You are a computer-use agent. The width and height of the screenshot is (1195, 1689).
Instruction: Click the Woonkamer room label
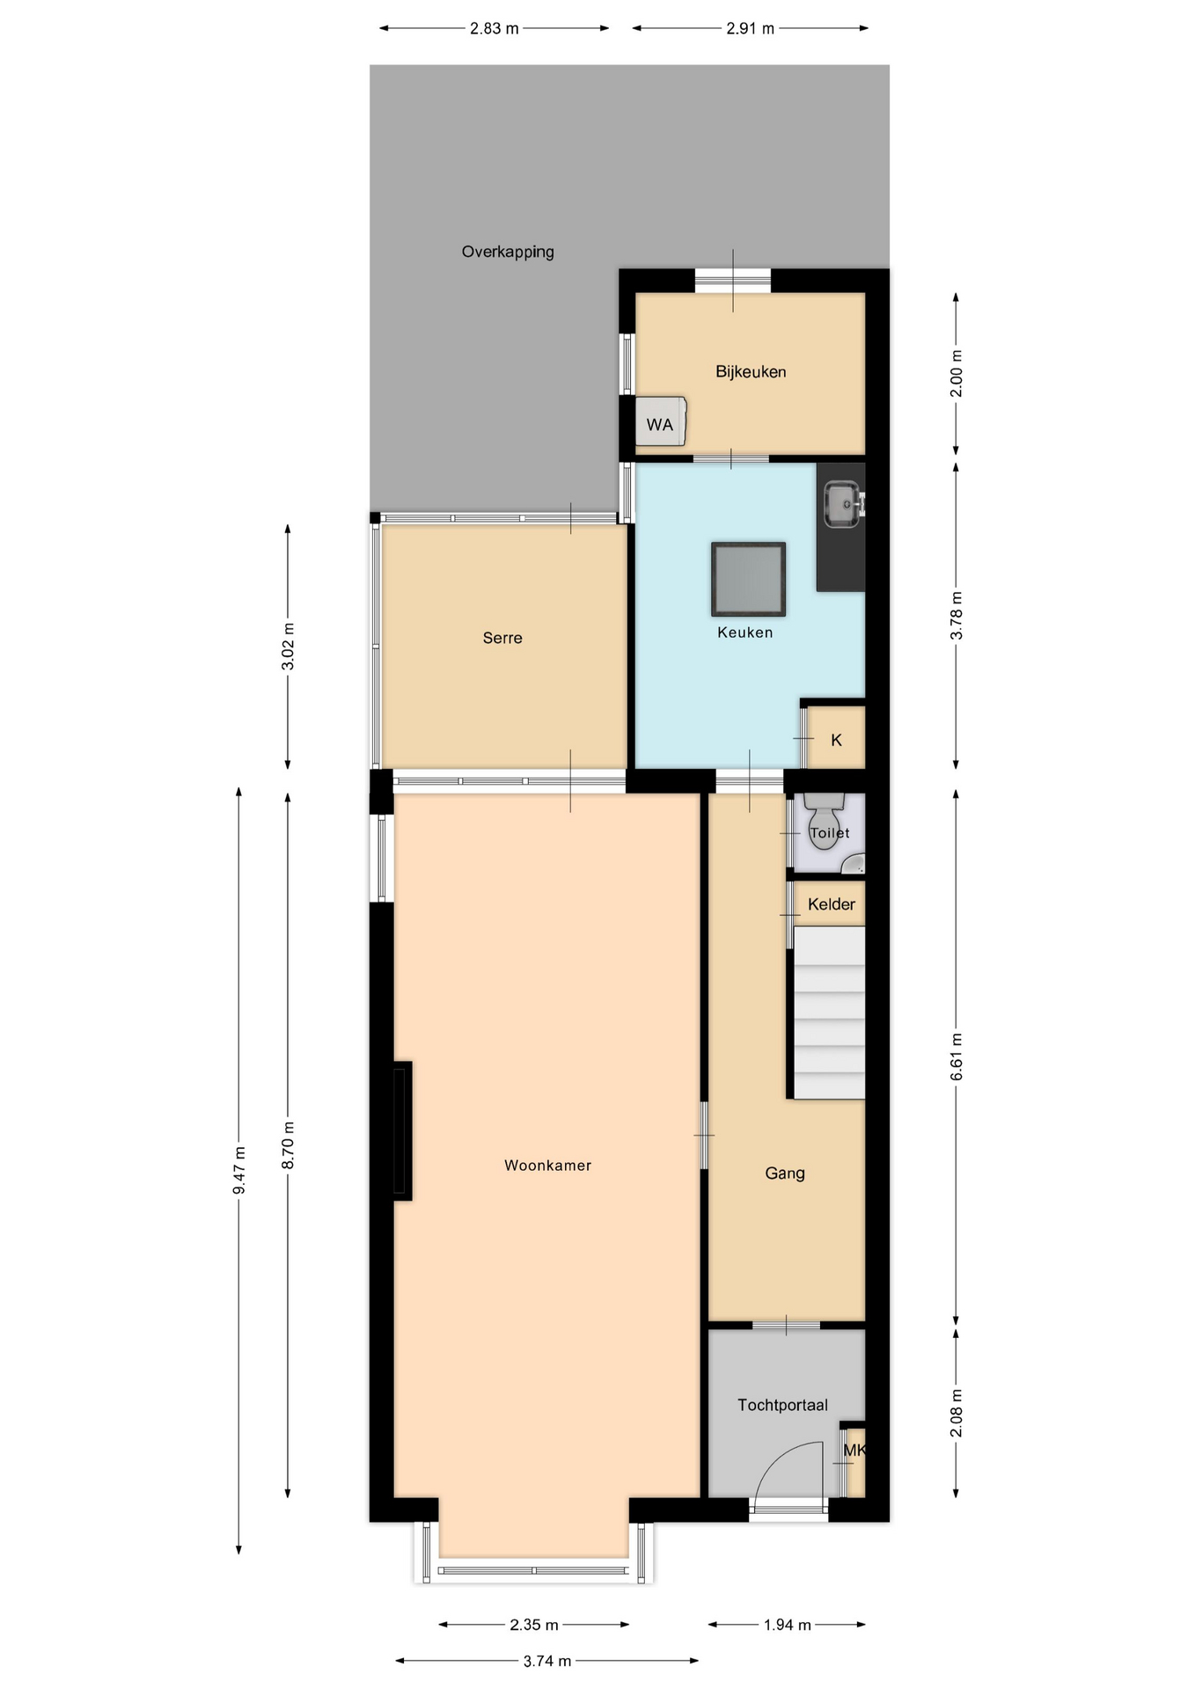[547, 1166]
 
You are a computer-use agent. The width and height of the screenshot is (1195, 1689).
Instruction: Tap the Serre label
[502, 638]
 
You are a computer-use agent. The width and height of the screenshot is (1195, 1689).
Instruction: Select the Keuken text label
[744, 632]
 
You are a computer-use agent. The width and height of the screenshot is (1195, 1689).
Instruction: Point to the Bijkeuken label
[751, 372]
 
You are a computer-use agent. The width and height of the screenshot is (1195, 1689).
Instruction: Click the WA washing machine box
[660, 422]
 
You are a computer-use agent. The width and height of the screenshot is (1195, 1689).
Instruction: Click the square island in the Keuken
[748, 579]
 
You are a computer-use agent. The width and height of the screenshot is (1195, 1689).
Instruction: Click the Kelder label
[832, 904]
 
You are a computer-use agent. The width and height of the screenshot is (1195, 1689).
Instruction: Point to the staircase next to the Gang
[829, 1013]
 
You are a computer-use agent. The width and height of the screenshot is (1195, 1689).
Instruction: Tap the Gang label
[785, 1174]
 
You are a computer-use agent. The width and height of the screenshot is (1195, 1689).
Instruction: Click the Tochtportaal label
[782, 1406]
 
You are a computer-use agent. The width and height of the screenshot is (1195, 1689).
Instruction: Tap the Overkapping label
[508, 252]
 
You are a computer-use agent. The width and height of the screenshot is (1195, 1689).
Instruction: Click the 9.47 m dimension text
[239, 1171]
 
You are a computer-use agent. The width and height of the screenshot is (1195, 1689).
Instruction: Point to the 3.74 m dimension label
[547, 1661]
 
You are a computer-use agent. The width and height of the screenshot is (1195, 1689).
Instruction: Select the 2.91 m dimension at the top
[750, 28]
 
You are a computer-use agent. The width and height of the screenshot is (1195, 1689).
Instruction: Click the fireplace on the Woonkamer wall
[402, 1131]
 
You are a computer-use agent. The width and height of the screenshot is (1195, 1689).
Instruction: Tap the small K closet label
[836, 741]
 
